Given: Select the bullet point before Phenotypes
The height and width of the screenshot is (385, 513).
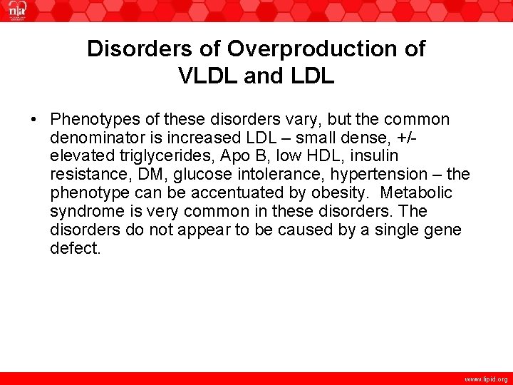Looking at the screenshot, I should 35,119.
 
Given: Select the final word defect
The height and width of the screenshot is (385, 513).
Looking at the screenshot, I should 75,249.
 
